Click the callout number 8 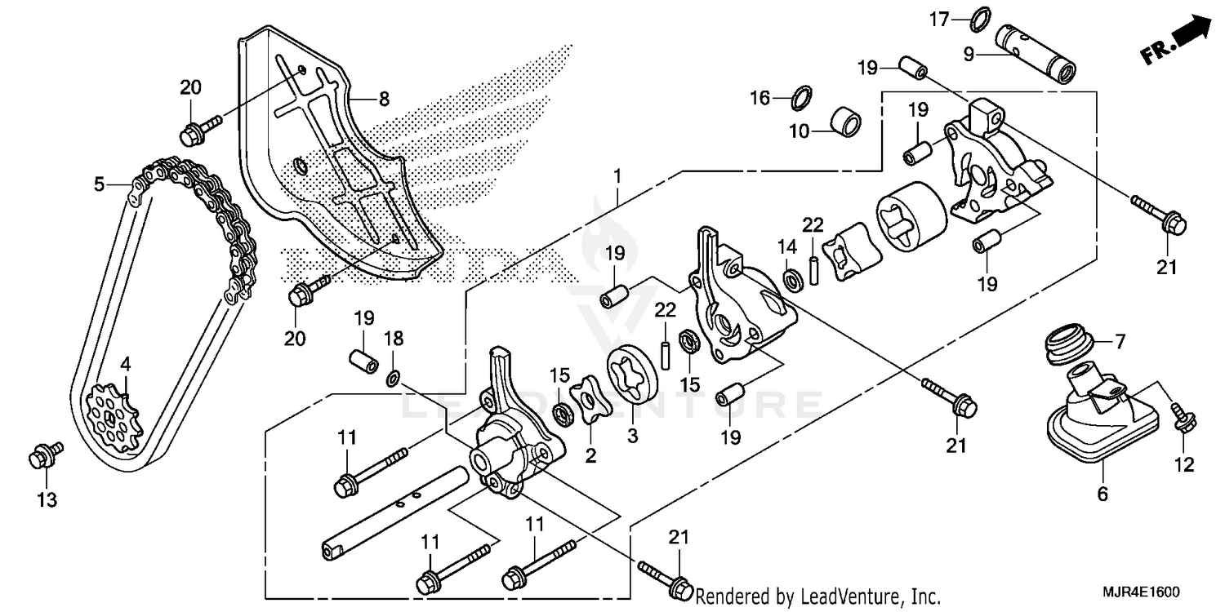[383, 99]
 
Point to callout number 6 [1102, 494]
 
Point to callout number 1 [617, 175]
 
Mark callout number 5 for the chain [99, 184]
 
